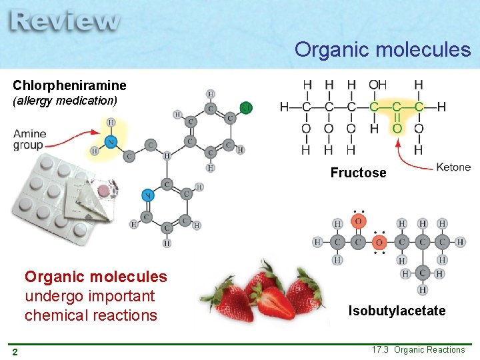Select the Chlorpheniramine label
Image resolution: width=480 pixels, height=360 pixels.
click(69, 86)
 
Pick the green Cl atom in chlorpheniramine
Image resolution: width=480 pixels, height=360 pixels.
click(246, 107)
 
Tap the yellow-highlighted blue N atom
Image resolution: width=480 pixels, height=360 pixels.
click(111, 141)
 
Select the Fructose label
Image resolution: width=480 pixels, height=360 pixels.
click(358, 173)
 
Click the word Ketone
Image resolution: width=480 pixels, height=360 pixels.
click(453, 167)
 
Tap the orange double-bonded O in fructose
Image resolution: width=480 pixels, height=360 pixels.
click(397, 128)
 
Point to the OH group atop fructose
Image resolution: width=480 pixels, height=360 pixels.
click(377, 85)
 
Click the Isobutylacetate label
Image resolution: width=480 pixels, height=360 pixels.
click(397, 311)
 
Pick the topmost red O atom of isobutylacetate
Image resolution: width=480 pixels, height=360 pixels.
click(359, 221)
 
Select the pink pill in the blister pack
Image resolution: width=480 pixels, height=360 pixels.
click(103, 191)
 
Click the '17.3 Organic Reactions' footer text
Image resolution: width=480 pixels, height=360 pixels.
click(419, 350)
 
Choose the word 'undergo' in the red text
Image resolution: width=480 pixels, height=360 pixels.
click(55, 296)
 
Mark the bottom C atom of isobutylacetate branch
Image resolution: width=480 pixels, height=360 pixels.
click(423, 273)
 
